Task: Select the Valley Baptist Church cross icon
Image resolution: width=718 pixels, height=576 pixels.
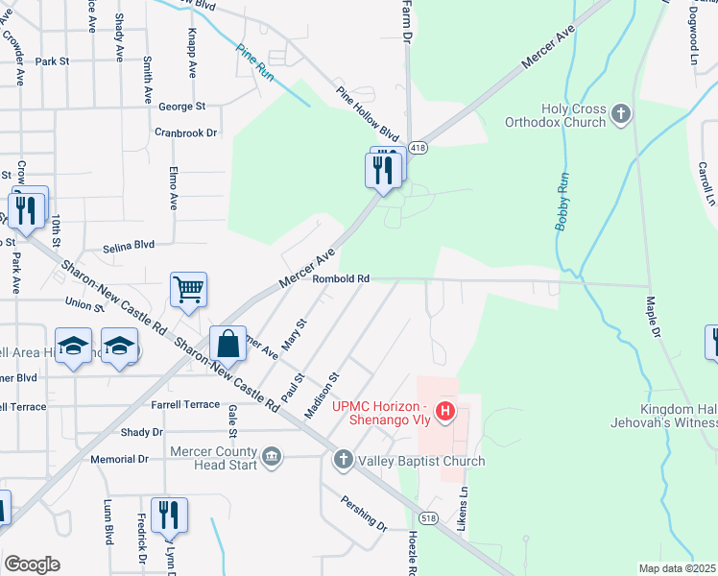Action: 344,461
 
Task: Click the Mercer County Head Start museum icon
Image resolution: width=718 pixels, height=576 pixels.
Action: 272,454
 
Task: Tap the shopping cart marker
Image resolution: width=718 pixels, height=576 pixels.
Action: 188,288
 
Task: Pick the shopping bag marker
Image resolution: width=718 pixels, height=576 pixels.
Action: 228,343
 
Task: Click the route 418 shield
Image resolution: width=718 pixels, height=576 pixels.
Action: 418,148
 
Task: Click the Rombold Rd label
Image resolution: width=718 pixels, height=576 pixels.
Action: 341,279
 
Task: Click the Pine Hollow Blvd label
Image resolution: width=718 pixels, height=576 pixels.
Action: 367,113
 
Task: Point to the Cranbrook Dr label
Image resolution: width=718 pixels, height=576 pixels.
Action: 186,132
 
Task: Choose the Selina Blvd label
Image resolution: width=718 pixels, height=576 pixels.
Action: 130,245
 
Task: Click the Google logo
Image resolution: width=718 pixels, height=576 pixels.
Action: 32,564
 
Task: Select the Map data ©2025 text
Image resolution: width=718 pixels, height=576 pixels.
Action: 677,568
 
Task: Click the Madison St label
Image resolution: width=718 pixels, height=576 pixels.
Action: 323,396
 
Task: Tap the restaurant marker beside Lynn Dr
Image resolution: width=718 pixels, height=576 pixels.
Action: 169,516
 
